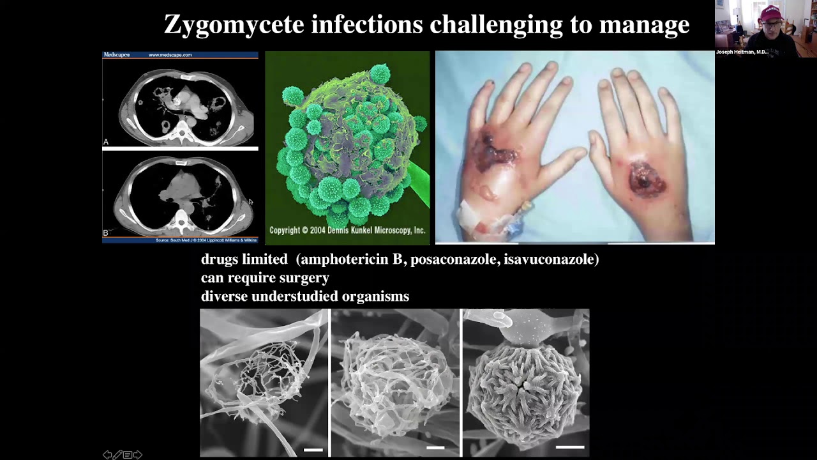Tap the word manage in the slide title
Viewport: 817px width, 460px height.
[x=650, y=24]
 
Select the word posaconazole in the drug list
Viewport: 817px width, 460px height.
[x=457, y=259]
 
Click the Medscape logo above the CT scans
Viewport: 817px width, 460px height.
[x=117, y=55]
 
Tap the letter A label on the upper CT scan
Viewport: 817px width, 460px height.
[x=106, y=142]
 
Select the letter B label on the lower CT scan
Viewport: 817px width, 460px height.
[x=106, y=233]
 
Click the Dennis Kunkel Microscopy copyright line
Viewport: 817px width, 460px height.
[x=347, y=231]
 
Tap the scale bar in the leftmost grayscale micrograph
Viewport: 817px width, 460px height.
[x=313, y=450]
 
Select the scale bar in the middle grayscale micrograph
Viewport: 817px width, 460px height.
[x=435, y=447]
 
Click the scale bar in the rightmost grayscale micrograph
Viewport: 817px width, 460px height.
[x=570, y=447]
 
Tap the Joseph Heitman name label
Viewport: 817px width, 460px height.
[x=742, y=52]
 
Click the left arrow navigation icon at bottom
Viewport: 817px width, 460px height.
[x=107, y=455]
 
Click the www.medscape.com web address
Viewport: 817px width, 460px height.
[x=170, y=55]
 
